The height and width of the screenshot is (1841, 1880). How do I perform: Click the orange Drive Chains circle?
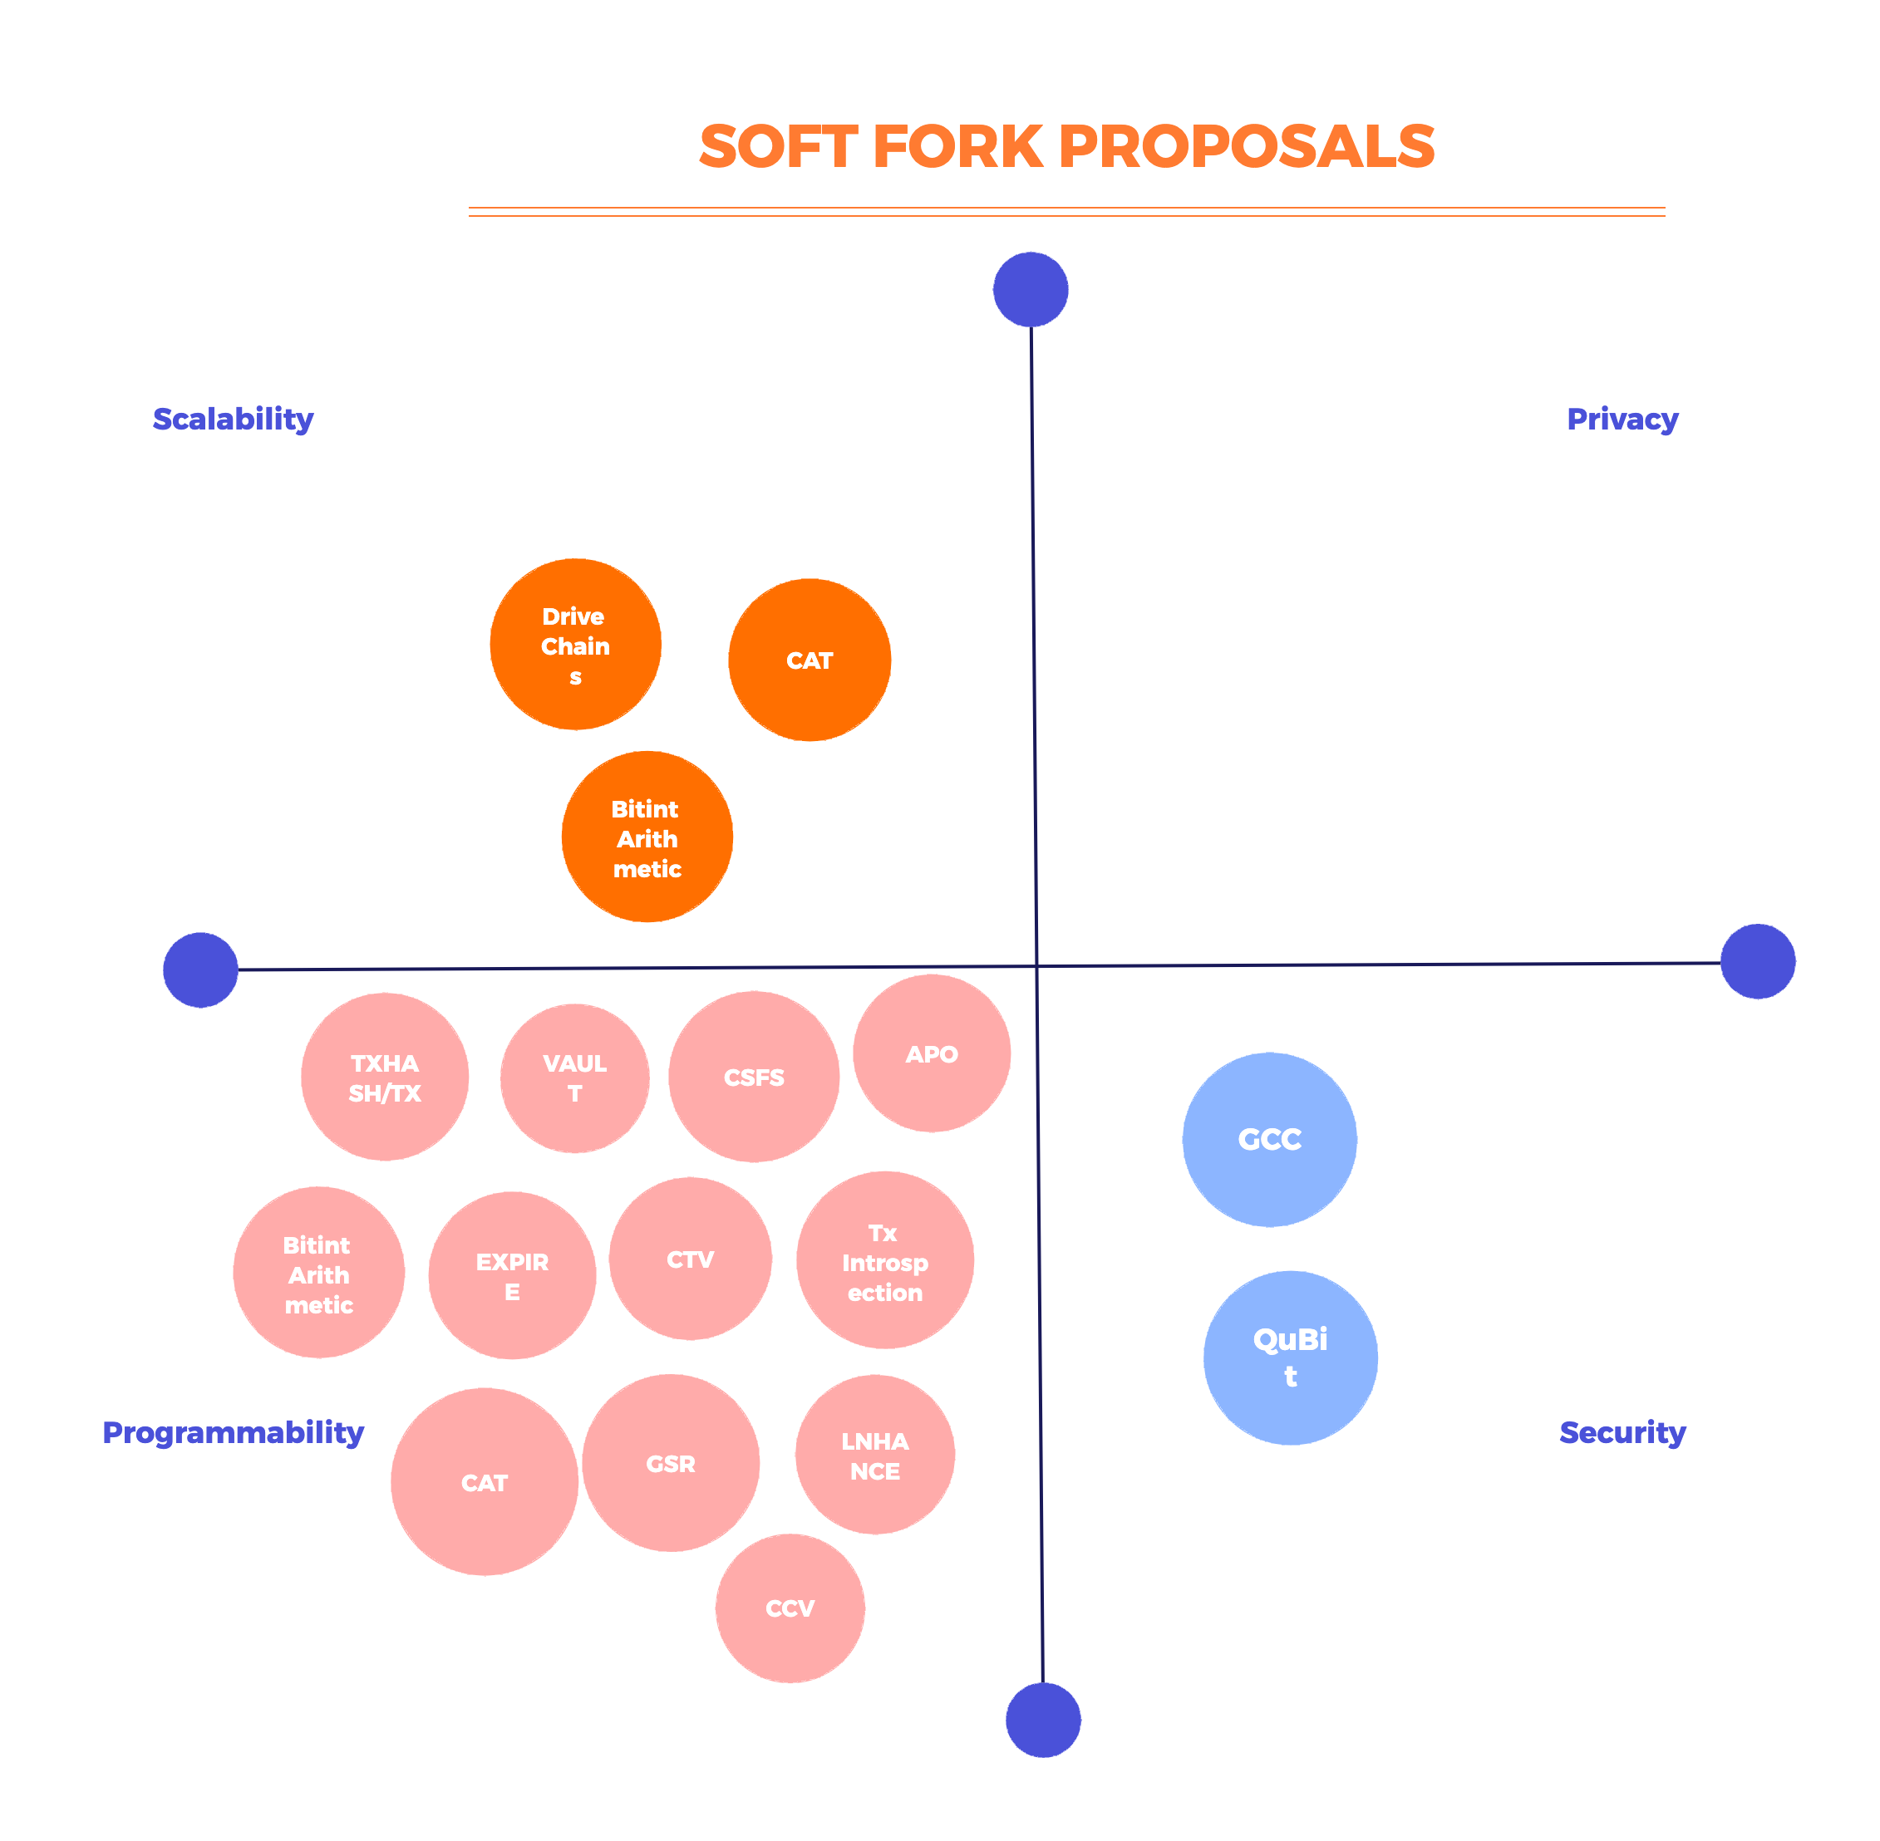click(x=575, y=644)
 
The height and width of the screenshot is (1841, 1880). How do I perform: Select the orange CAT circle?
click(x=810, y=660)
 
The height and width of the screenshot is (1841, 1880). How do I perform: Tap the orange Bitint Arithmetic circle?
click(x=647, y=837)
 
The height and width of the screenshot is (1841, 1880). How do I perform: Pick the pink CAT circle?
click(x=485, y=1482)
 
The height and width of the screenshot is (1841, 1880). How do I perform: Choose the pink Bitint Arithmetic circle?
click(x=319, y=1273)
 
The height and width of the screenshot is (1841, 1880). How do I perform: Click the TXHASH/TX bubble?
click(x=385, y=1078)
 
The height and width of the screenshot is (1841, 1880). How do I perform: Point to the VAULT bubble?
click(x=574, y=1078)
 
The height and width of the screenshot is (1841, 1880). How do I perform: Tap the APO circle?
click(x=932, y=1054)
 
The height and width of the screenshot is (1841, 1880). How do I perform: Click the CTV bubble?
click(x=691, y=1259)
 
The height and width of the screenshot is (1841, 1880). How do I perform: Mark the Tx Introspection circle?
click(x=885, y=1261)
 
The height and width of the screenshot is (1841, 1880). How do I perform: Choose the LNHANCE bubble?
click(x=875, y=1456)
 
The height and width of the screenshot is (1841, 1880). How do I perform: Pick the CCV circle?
click(x=790, y=1608)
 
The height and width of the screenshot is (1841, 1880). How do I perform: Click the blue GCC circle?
click(x=1270, y=1140)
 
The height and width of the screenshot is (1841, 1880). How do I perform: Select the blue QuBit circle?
click(x=1291, y=1357)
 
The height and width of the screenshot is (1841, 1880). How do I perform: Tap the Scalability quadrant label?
click(x=233, y=419)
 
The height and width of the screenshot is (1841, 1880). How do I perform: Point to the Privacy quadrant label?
click(x=1622, y=419)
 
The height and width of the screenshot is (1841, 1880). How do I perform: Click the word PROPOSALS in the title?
click(x=1247, y=147)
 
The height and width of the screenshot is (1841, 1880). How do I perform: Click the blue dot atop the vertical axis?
click(x=1031, y=290)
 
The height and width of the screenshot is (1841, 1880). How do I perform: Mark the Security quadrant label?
click(x=1622, y=1432)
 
